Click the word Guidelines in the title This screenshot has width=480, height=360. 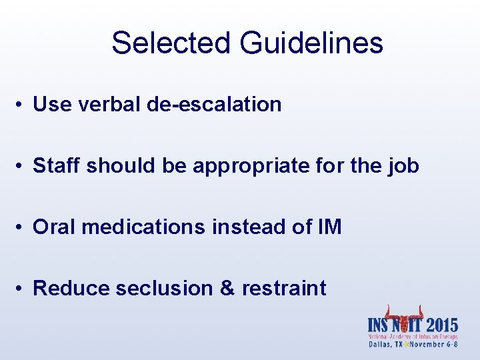[x=312, y=43]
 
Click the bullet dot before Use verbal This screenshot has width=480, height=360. [x=22, y=105]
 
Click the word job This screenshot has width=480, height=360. [x=405, y=166]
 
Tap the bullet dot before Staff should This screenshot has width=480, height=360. [x=22, y=166]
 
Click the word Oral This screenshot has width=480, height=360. [x=54, y=227]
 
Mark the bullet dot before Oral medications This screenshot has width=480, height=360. [x=22, y=227]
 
